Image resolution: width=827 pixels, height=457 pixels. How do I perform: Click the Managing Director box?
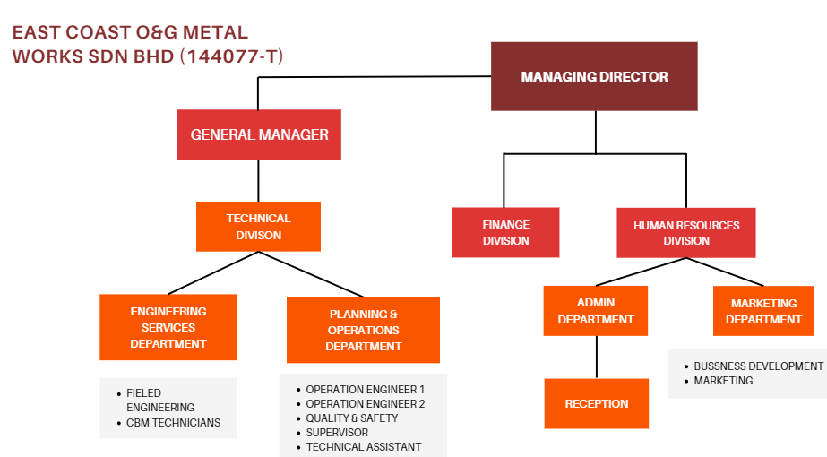pos(594,77)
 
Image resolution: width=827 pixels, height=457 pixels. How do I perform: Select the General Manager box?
pos(259,134)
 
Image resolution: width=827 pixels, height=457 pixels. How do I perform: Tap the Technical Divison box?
pos(258,227)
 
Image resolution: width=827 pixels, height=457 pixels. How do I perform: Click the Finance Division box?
pos(505,233)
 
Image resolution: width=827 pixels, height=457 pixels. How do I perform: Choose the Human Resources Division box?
pos(686,233)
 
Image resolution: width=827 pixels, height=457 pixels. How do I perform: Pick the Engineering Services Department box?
pos(168,327)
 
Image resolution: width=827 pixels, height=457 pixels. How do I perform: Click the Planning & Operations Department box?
pos(363,330)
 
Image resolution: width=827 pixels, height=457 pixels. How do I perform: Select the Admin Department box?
pos(596,311)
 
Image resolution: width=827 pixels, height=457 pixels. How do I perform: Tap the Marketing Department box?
pos(763,311)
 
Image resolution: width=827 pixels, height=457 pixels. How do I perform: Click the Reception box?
pos(596,404)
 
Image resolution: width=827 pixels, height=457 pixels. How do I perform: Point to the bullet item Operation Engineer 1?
pos(365,390)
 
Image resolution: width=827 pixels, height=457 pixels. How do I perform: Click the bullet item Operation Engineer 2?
pos(365,404)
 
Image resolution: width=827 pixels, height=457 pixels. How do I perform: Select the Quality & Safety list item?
pos(351,418)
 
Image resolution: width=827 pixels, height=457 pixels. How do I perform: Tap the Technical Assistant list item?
pos(363,447)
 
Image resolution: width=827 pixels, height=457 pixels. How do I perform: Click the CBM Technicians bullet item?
pos(173,423)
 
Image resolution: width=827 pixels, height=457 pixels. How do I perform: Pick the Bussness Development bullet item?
pos(758,366)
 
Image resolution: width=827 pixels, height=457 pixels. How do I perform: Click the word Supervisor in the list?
pos(337,433)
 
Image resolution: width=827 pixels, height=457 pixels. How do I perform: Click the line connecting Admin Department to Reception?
pos(596,358)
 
